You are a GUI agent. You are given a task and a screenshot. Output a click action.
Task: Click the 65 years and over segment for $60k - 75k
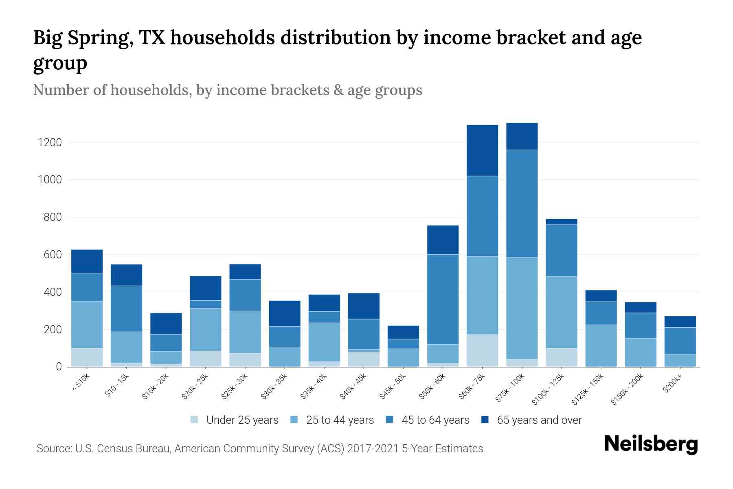point(482,150)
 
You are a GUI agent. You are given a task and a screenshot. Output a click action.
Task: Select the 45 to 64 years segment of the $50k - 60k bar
point(443,299)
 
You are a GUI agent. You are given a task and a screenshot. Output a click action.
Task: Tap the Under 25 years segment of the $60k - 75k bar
point(482,350)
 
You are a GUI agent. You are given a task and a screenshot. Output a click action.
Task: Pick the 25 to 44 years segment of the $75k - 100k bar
point(522,308)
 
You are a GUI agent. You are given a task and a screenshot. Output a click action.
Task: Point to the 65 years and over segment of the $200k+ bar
point(680,322)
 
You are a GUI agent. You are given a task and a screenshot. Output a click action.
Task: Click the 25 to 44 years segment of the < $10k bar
point(87,324)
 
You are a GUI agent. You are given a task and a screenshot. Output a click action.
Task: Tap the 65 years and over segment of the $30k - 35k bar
point(285,313)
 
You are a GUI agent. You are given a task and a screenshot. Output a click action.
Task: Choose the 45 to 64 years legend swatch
point(390,420)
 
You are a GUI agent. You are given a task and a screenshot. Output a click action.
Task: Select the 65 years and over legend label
point(539,420)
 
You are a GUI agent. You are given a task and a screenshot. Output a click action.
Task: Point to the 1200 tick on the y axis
point(50,143)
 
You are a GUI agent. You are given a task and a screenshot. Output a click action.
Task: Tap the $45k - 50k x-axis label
point(393,387)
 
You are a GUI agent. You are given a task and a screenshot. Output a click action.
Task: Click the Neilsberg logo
point(651,444)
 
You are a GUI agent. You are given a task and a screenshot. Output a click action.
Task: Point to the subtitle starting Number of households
point(227,90)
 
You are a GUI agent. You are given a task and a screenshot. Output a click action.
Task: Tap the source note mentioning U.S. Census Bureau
point(259,449)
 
